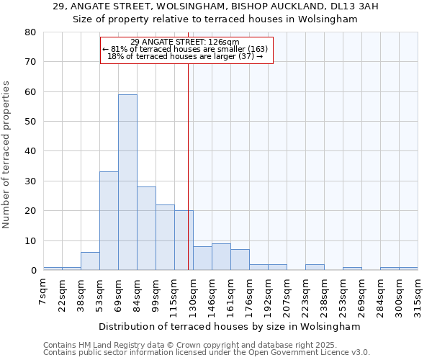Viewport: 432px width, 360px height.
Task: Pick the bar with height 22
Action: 165,238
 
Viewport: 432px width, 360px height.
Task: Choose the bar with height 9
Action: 221,257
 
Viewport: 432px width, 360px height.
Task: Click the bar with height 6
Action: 90,261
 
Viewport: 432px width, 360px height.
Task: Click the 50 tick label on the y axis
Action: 30,122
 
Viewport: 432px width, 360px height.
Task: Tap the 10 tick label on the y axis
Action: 30,240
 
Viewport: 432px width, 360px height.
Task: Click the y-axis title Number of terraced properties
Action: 7,155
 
